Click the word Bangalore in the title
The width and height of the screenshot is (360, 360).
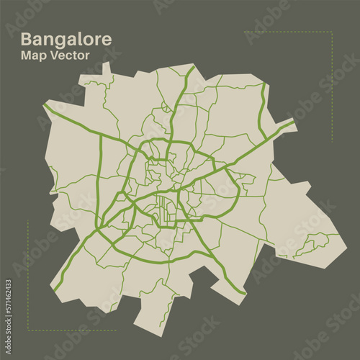click(x=66, y=40)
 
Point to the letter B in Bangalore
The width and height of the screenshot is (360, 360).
click(x=27, y=40)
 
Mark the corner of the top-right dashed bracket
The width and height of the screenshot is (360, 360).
click(x=332, y=32)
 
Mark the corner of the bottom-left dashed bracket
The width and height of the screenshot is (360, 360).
click(x=28, y=330)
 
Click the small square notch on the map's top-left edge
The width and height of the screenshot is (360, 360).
click(x=107, y=68)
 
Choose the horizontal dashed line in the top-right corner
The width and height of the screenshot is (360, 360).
click(x=288, y=32)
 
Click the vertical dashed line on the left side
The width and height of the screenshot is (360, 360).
click(x=28, y=274)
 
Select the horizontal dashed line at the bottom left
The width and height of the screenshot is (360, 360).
click(x=72, y=330)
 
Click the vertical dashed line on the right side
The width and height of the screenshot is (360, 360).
click(x=332, y=86)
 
